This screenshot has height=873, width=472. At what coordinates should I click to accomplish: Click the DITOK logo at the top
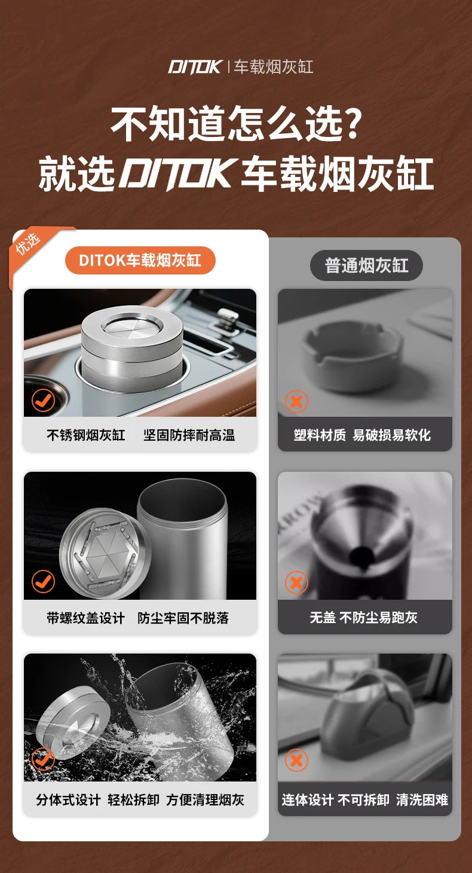click(195, 66)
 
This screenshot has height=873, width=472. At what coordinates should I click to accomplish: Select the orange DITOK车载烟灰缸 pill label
click(140, 260)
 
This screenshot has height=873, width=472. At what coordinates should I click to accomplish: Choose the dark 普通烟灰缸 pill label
click(366, 265)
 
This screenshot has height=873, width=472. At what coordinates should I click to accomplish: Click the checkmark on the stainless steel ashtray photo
click(44, 401)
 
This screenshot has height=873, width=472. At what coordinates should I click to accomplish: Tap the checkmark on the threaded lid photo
click(44, 581)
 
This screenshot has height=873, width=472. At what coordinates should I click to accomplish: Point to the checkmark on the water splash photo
click(44, 760)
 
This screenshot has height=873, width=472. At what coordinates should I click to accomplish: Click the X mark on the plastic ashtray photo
click(296, 401)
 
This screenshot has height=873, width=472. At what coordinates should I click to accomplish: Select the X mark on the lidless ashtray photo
click(296, 582)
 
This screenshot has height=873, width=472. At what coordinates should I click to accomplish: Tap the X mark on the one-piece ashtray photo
click(296, 761)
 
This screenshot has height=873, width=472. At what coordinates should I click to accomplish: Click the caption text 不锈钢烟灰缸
click(86, 435)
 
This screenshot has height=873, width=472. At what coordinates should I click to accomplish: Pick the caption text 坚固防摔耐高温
click(189, 435)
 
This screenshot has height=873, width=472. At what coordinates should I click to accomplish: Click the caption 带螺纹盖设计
click(86, 618)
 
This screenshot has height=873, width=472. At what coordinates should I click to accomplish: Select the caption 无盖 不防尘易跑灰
click(363, 618)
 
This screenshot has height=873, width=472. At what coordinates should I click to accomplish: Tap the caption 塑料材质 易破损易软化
click(362, 435)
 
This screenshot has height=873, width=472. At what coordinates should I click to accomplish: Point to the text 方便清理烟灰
click(205, 800)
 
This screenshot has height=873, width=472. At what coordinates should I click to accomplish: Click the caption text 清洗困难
click(422, 800)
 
